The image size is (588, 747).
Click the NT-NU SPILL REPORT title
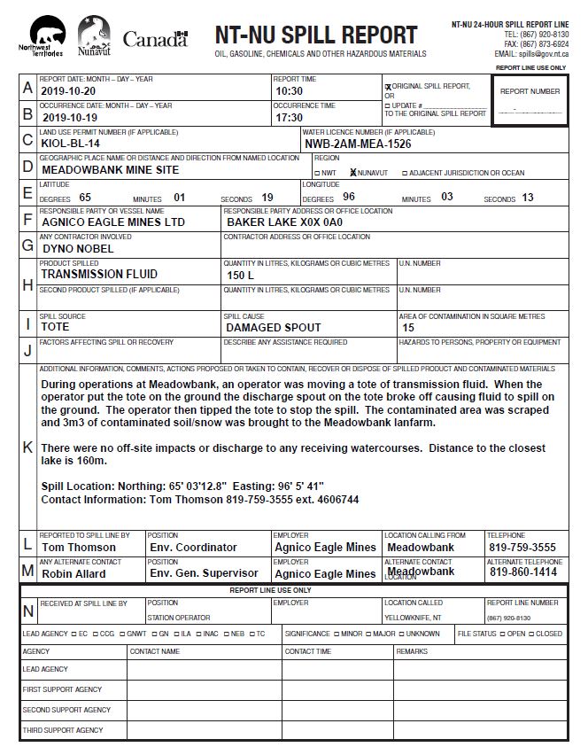pos(315,35)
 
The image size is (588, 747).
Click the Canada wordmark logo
pos(156,39)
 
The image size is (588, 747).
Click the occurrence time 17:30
pos(290,117)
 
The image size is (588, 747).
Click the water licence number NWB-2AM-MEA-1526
pos(358,144)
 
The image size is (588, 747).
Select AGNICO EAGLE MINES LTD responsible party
pos(113,222)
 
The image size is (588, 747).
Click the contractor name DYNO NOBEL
pos(78,249)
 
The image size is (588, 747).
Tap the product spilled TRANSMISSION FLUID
pos(99,275)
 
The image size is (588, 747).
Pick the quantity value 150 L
pos(240,276)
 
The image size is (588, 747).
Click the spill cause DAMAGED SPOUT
pos(274,327)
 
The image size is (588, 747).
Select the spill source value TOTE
pos(55,327)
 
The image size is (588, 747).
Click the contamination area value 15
pos(408,328)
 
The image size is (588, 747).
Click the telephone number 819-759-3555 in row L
pos(522,548)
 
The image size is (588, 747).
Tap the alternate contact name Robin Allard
pos(73,573)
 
